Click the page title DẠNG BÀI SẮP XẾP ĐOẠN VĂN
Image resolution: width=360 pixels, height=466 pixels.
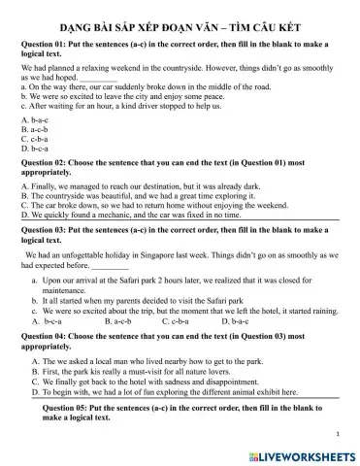pyautogui.click(x=180, y=29)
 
